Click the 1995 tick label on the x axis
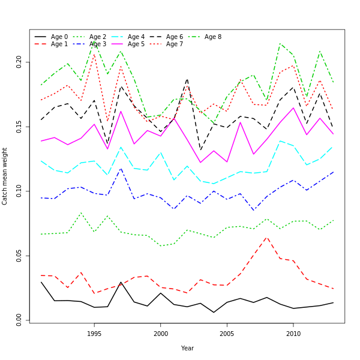94,334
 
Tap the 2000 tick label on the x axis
160,334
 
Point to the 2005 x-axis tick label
227,334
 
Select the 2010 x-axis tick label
293,334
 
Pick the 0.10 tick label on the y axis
19,191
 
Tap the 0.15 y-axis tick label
19,127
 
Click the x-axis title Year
187,348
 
